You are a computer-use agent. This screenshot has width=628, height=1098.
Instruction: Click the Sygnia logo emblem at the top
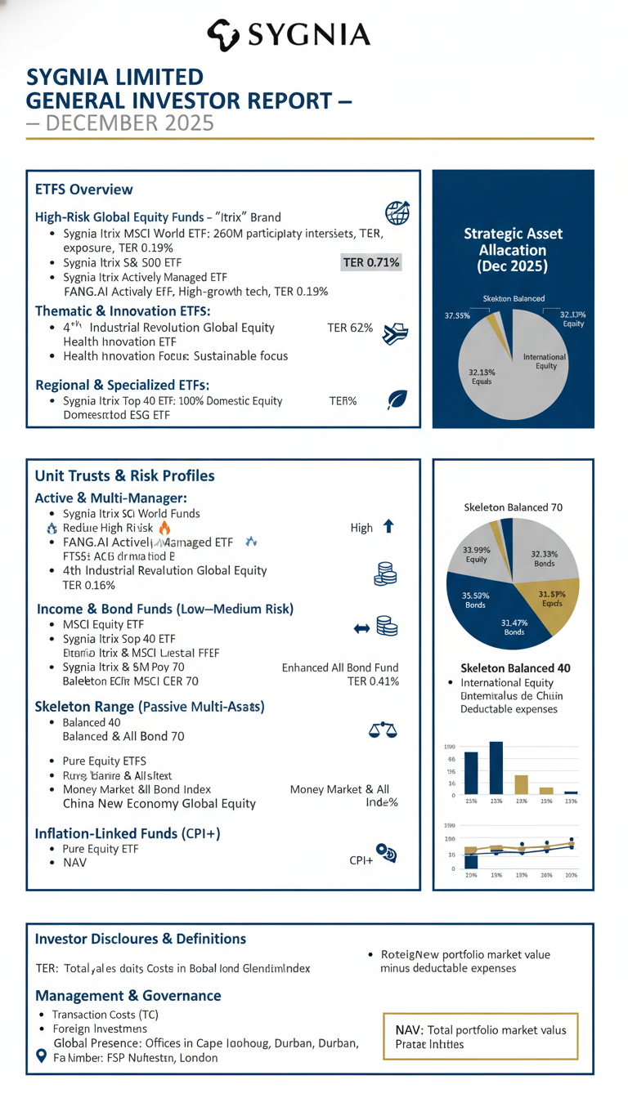pyautogui.click(x=222, y=33)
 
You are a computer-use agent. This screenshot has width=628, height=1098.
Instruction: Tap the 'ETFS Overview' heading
pyautogui.click(x=83, y=190)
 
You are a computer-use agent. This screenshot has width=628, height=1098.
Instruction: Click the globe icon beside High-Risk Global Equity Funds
pyautogui.click(x=397, y=213)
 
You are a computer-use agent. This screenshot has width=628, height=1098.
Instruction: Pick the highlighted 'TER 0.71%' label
pyautogui.click(x=370, y=262)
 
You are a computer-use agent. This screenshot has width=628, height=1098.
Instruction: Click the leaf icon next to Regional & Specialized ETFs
pyautogui.click(x=397, y=399)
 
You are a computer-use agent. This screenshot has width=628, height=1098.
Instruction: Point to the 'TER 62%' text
pyautogui.click(x=349, y=328)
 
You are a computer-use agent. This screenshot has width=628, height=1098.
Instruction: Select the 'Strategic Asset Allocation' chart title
pyautogui.click(x=513, y=250)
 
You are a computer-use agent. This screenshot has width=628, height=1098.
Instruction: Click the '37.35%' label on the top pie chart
pyautogui.click(x=457, y=316)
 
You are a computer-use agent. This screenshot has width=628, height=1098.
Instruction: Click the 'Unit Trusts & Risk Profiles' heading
pyautogui.click(x=124, y=475)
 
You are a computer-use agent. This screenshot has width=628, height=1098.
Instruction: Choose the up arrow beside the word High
pyautogui.click(x=388, y=527)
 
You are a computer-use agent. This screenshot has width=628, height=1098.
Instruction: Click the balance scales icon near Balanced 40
pyautogui.click(x=384, y=730)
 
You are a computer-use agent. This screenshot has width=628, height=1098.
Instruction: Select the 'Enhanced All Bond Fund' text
pyautogui.click(x=339, y=667)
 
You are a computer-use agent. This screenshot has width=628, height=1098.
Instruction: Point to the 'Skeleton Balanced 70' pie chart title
pyautogui.click(x=513, y=507)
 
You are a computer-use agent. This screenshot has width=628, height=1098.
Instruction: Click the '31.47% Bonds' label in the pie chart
pyautogui.click(x=514, y=627)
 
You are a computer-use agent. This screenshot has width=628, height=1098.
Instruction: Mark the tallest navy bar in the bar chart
pyautogui.click(x=496, y=767)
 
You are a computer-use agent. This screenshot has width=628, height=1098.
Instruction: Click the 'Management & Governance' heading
pyautogui.click(x=128, y=995)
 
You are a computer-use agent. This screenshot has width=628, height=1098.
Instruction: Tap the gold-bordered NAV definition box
pyautogui.click(x=480, y=1037)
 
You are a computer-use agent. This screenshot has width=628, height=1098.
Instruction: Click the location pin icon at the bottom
pyautogui.click(x=43, y=1056)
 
